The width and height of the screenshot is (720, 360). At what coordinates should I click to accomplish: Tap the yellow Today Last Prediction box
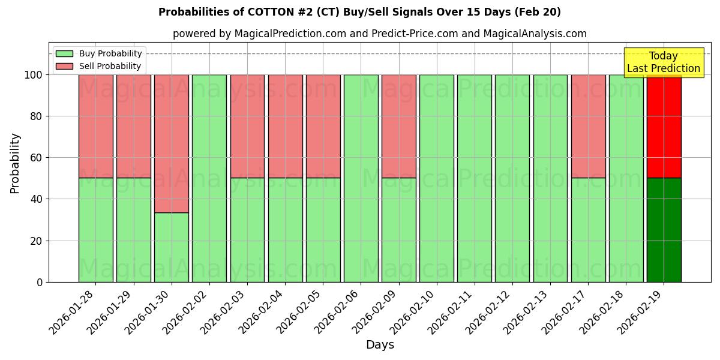pos(663,62)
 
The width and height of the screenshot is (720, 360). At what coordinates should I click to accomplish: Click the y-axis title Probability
pos(15,163)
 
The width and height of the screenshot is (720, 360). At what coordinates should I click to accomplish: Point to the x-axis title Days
pos(380,345)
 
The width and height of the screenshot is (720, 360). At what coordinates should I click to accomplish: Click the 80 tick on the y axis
pos(38,116)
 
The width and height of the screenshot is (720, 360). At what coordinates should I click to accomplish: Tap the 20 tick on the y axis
pos(38,241)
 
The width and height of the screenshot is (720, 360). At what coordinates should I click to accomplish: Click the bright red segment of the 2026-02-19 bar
pos(664,126)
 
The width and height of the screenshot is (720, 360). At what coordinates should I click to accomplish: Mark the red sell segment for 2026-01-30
pos(172,143)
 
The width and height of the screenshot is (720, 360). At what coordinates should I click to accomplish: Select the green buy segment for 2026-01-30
pos(172,247)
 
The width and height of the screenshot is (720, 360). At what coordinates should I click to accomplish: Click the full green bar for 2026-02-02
pos(209,178)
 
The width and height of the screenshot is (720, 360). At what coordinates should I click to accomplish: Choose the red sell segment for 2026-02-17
pos(588,126)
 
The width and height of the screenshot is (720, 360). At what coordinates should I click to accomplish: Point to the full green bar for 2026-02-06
pos(361,178)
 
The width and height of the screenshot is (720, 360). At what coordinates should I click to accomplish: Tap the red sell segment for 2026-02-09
pos(398,126)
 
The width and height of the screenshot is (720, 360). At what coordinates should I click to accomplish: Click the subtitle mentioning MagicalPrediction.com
pos(380,34)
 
